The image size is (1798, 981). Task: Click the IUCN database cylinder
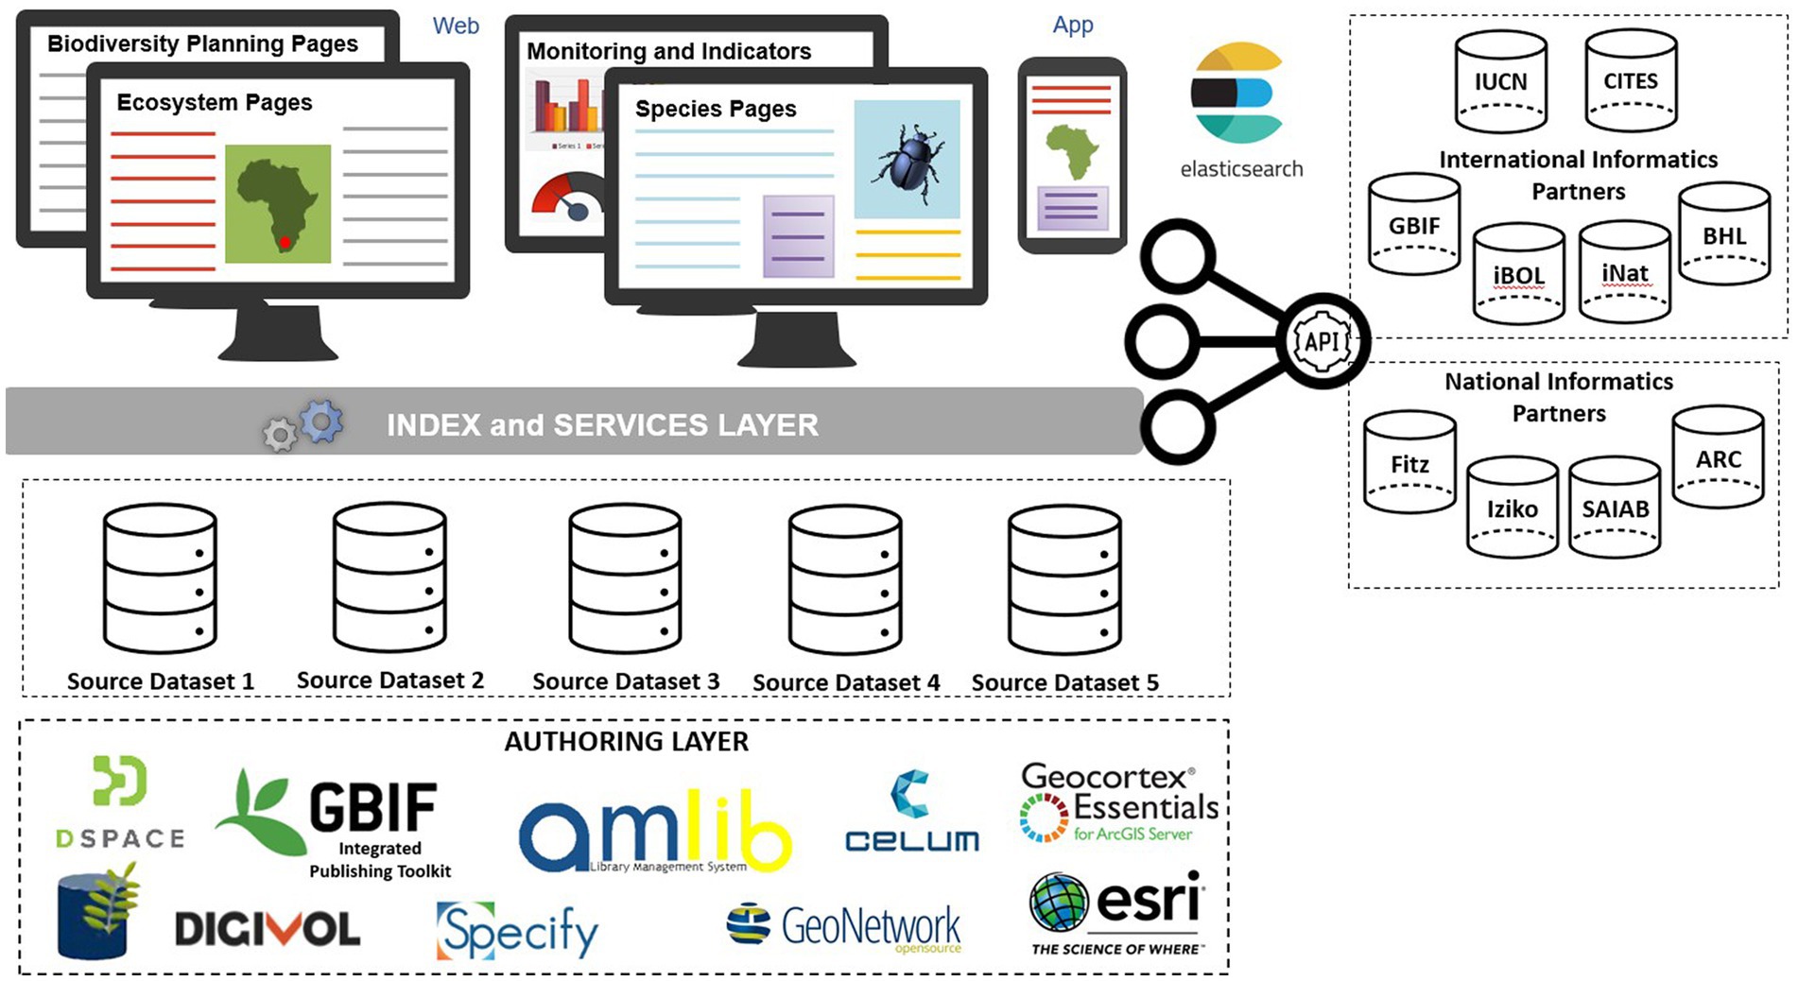point(1500,80)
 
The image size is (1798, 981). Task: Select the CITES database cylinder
point(1631,80)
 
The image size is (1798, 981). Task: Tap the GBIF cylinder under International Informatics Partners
point(1414,225)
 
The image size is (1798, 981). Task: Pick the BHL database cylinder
point(1724,235)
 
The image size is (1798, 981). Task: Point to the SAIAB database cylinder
point(1615,508)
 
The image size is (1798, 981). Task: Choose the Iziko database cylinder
point(1512,508)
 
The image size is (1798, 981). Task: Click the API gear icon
point(1322,341)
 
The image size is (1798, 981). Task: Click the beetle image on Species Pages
point(906,160)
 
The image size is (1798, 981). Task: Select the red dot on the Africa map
point(285,243)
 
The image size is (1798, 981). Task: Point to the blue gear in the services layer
point(321,422)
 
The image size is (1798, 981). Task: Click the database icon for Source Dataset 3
point(625,578)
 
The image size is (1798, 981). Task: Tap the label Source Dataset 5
point(1064,682)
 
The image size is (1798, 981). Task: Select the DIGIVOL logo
point(268,929)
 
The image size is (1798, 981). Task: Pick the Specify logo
point(517,931)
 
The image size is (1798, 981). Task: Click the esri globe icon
point(1059,902)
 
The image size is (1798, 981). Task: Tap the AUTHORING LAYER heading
point(626,742)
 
